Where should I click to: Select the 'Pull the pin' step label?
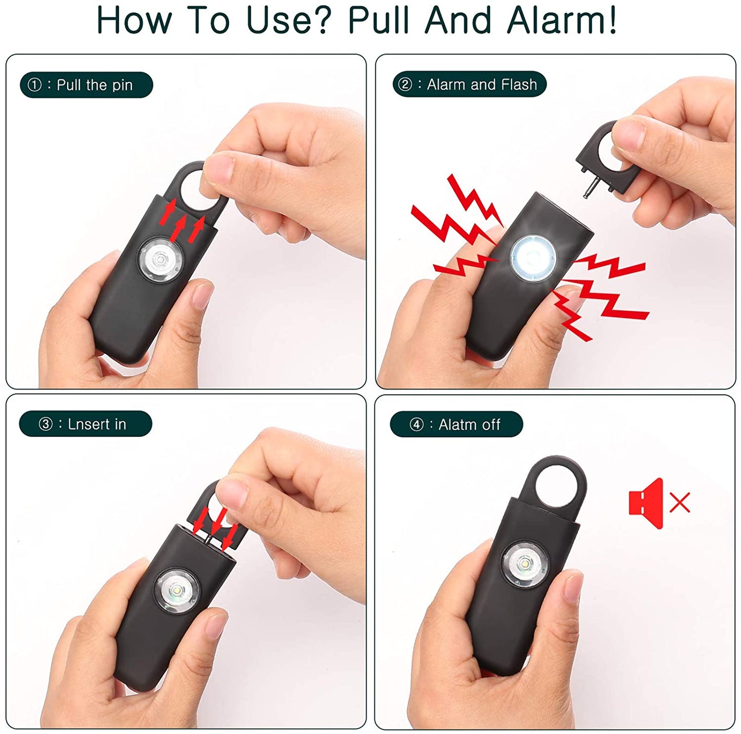point(86,85)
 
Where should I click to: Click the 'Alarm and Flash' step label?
point(469,85)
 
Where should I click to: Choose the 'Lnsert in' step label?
point(85,424)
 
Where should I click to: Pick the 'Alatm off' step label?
point(456,424)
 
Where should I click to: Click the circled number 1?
point(34,85)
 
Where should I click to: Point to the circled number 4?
point(416,425)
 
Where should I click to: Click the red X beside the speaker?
point(680,503)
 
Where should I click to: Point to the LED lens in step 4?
point(525,563)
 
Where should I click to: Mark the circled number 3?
point(46,424)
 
